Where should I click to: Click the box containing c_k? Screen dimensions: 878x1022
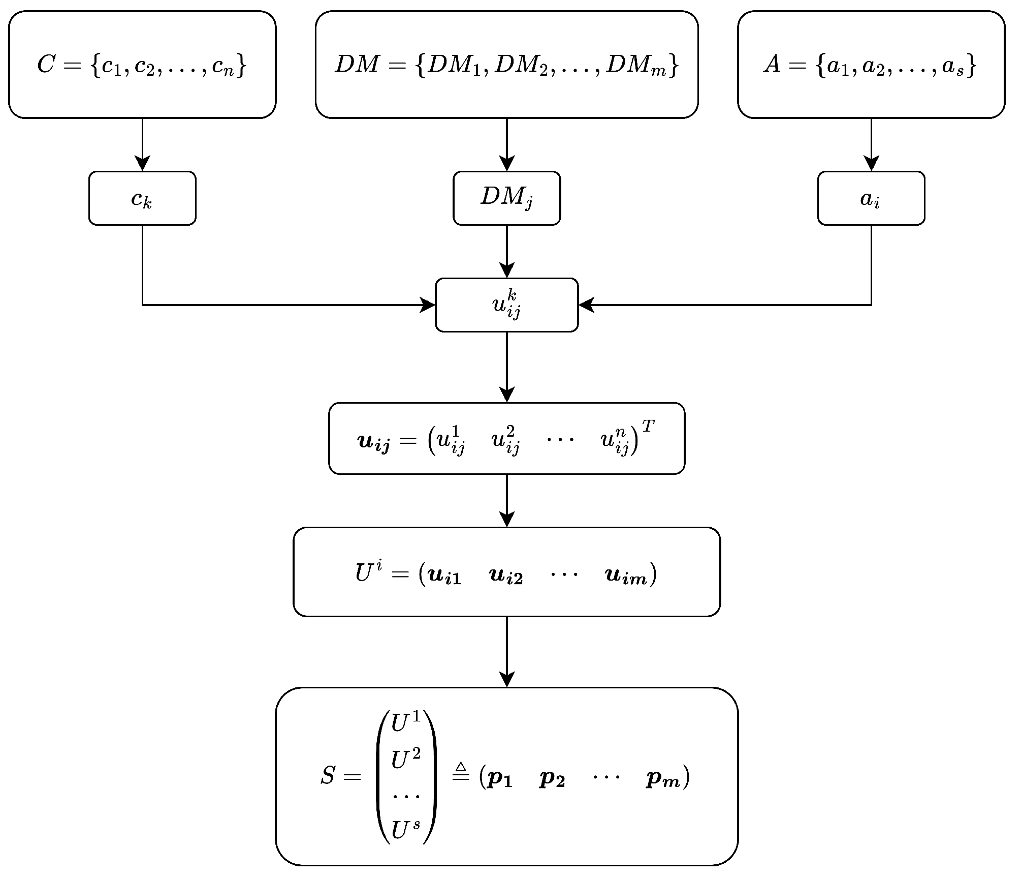coord(142,198)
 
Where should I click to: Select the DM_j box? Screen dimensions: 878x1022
coord(506,198)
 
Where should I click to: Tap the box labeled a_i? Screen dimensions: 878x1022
coord(871,198)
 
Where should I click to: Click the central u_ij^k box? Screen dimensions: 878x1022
coord(506,305)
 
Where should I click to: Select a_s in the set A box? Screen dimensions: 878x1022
coord(953,66)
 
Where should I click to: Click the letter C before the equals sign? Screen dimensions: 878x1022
coord(46,65)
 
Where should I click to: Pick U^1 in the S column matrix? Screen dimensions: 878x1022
coord(405,723)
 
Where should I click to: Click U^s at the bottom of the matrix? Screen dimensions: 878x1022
coord(405,831)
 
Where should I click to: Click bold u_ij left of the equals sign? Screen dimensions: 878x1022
coord(374,442)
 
